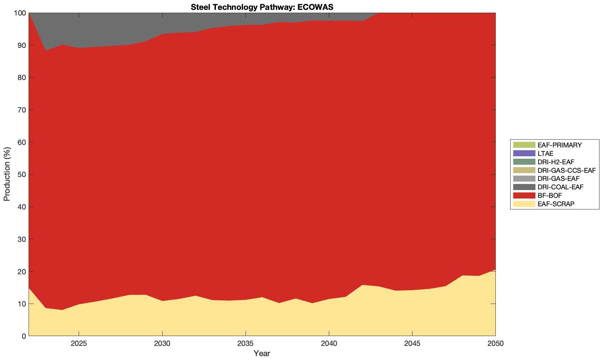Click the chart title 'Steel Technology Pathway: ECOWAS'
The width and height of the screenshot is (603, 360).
click(262, 7)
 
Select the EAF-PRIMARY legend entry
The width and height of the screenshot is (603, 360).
click(560, 145)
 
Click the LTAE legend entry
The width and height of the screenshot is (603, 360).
click(545, 153)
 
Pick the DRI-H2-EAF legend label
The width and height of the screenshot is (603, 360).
click(556, 162)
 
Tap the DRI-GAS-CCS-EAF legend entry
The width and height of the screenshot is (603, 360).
click(566, 170)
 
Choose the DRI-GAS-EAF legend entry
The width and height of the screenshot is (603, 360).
click(558, 179)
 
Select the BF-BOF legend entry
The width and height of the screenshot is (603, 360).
click(550, 196)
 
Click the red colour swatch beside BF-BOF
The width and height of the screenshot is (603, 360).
click(524, 196)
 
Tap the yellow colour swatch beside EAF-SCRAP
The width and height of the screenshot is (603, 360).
click(524, 204)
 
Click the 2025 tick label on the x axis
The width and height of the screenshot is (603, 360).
click(79, 344)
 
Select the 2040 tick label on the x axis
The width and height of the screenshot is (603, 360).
click(329, 344)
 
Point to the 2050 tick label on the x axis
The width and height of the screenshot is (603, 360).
click(495, 344)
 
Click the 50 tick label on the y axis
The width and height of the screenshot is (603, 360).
click(22, 175)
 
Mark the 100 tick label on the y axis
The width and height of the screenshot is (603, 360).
click(20, 13)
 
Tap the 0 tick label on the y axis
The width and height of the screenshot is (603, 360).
click(24, 336)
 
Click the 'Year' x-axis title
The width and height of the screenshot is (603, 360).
click(262, 353)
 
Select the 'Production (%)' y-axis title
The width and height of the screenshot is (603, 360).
click(7, 174)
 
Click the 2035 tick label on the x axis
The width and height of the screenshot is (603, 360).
click(246, 344)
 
